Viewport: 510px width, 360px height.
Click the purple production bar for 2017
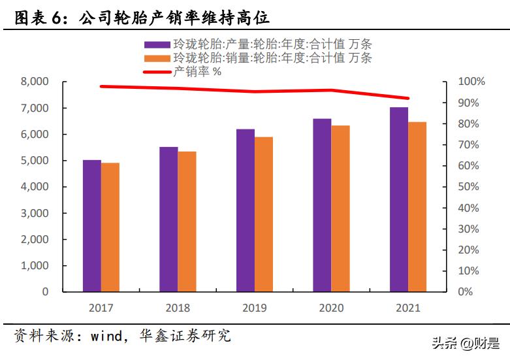tap(92, 225)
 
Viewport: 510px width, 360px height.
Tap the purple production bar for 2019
tap(246, 210)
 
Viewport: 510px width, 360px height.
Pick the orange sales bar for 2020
tap(340, 208)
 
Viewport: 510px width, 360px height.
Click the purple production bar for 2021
tap(399, 199)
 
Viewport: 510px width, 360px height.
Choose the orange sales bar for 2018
tap(187, 221)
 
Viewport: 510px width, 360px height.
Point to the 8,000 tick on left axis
tap(35, 82)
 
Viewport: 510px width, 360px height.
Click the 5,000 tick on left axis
tap(35, 161)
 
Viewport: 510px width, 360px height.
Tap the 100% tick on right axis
tap(472, 82)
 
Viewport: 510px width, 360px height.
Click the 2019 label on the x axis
tap(254, 308)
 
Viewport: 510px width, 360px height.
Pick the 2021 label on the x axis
tap(408, 308)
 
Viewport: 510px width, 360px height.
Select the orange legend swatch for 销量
tap(157, 59)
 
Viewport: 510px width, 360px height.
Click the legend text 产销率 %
tap(197, 72)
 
